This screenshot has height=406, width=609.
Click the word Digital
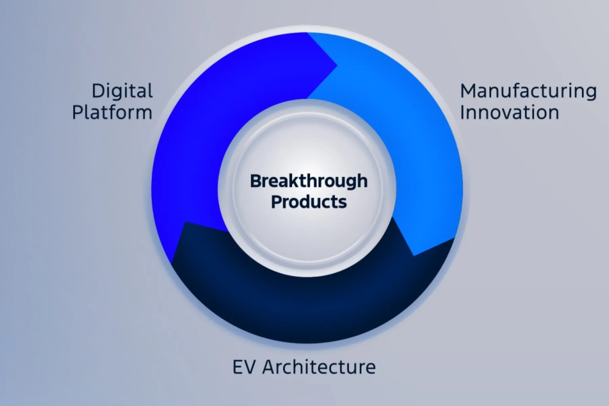(122, 91)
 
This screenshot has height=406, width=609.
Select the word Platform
(112, 112)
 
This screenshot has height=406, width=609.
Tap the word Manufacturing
(528, 91)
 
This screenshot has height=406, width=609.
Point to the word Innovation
(509, 112)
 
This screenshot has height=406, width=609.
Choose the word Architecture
(319, 367)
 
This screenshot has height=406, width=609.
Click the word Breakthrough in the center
(309, 181)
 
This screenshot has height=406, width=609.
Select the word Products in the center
(309, 202)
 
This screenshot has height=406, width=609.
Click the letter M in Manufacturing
(468, 91)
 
